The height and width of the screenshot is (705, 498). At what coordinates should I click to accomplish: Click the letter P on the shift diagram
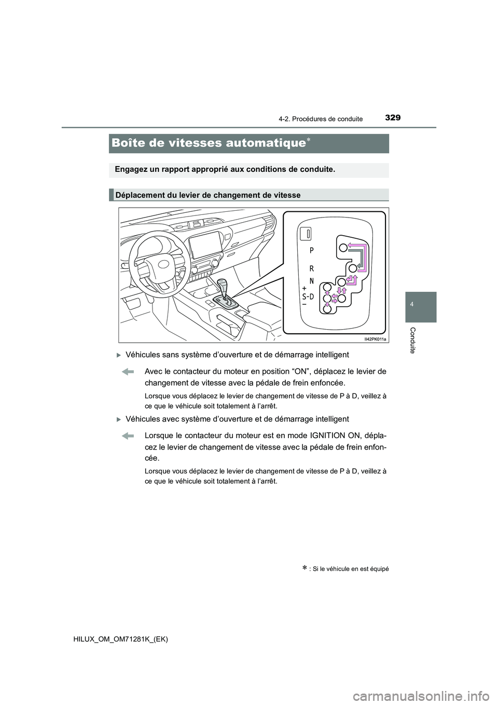point(312,250)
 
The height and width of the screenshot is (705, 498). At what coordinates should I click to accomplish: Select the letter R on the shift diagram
point(312,269)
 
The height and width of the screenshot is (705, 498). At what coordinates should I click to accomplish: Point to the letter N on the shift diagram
point(312,281)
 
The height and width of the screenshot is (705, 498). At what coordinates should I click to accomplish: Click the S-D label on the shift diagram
point(308,296)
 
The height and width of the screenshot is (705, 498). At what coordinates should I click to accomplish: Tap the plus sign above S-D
point(304,287)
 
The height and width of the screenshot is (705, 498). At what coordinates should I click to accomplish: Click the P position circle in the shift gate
point(343,248)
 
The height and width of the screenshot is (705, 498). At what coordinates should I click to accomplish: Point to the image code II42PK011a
point(375,338)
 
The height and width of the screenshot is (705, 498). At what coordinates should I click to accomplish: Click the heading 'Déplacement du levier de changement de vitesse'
point(208,195)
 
